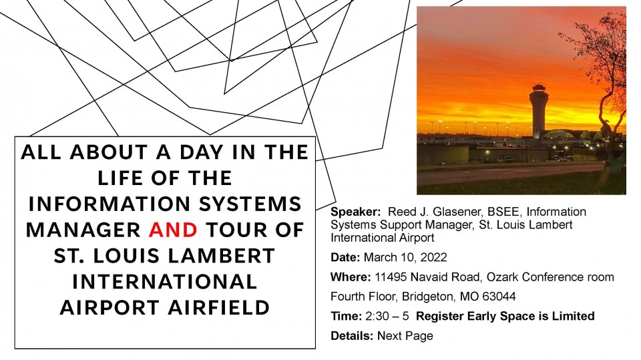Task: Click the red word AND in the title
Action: [x=174, y=230]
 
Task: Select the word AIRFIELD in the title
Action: [x=219, y=307]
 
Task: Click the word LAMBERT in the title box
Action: [x=221, y=256]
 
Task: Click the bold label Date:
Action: [x=345, y=257]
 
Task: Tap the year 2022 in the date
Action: [x=434, y=257]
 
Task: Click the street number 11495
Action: [x=391, y=277]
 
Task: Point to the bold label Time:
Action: [x=347, y=316]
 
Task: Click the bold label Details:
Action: [x=352, y=336]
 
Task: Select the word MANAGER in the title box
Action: [x=83, y=230]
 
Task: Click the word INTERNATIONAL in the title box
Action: [x=165, y=281]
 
